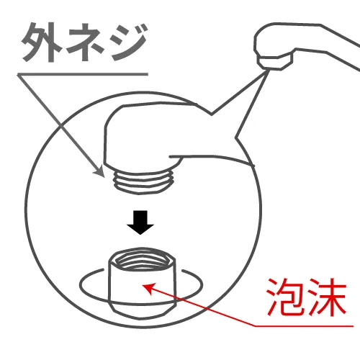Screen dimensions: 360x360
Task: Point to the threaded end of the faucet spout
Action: (x=144, y=181)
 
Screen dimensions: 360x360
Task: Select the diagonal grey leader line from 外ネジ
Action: (x=61, y=122)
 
